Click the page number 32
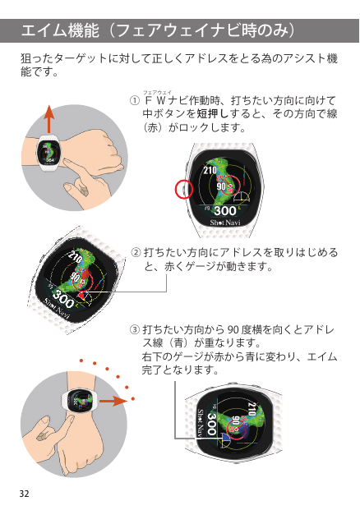click(x=24, y=494)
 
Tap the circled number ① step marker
click(x=135, y=100)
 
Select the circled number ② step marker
click(x=136, y=253)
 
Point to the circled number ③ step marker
click(x=135, y=330)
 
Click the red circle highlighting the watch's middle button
click(x=184, y=189)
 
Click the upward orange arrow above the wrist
click(x=48, y=119)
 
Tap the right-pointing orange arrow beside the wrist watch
click(x=113, y=401)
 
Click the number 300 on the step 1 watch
click(x=225, y=211)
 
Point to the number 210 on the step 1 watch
click(x=210, y=170)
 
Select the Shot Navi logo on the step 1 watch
click(x=225, y=223)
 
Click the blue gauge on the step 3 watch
click(x=225, y=439)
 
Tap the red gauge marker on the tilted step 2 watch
click(x=82, y=296)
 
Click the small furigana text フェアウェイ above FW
click(x=157, y=92)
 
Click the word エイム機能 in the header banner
click(x=60, y=31)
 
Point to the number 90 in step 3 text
click(x=233, y=330)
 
